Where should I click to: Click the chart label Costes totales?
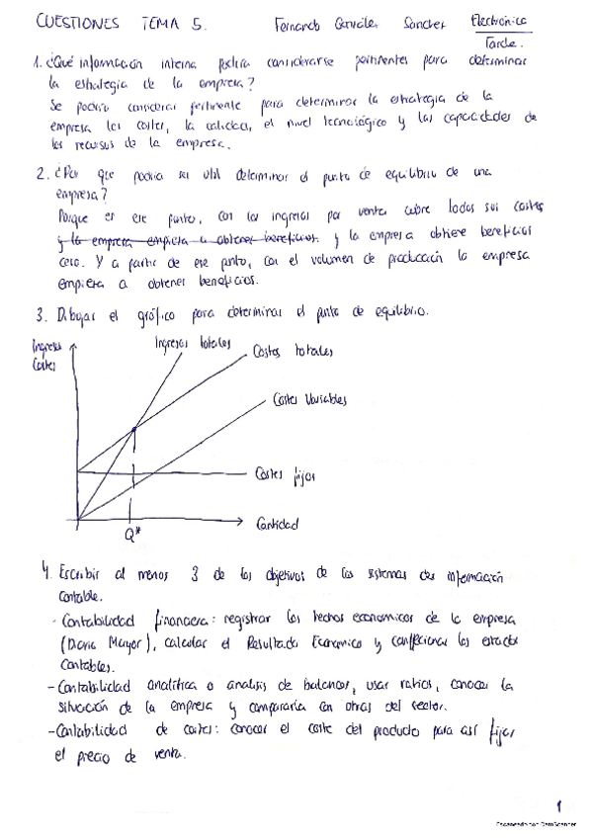click(294, 352)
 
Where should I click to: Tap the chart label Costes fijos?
click(285, 476)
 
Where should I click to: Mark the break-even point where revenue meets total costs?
click(132, 426)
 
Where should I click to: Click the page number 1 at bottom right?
click(558, 805)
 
